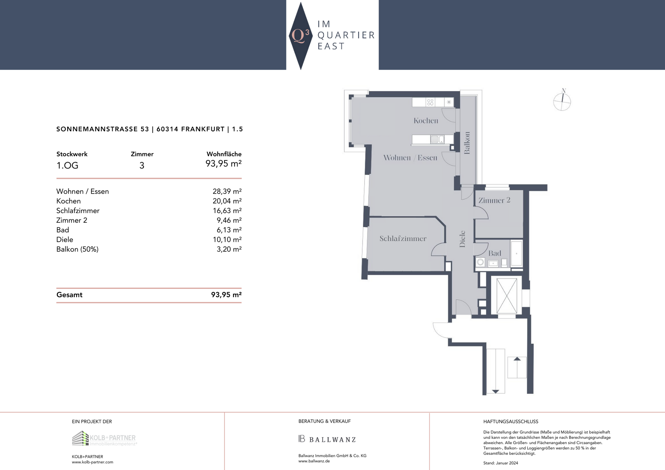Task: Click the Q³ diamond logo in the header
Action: tap(301, 36)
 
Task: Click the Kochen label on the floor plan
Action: tap(426, 121)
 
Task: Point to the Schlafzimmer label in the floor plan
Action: tap(403, 238)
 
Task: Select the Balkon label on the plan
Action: tap(467, 143)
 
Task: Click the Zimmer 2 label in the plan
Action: tap(494, 200)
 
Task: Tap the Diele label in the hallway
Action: tap(462, 239)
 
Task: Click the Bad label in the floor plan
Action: tap(495, 253)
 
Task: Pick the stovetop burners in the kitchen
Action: tap(430, 102)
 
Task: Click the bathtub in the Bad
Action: tap(516, 253)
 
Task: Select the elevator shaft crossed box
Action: tap(507, 295)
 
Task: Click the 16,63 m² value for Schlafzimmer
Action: tap(227, 211)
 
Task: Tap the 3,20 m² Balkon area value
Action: tap(229, 249)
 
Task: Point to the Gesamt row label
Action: tap(69, 295)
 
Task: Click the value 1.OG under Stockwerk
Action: tap(67, 166)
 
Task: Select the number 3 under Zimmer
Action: tap(142, 166)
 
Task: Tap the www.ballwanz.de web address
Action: tap(314, 461)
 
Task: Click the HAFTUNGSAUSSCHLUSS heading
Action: tap(511, 422)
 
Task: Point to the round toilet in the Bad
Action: tap(480, 262)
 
